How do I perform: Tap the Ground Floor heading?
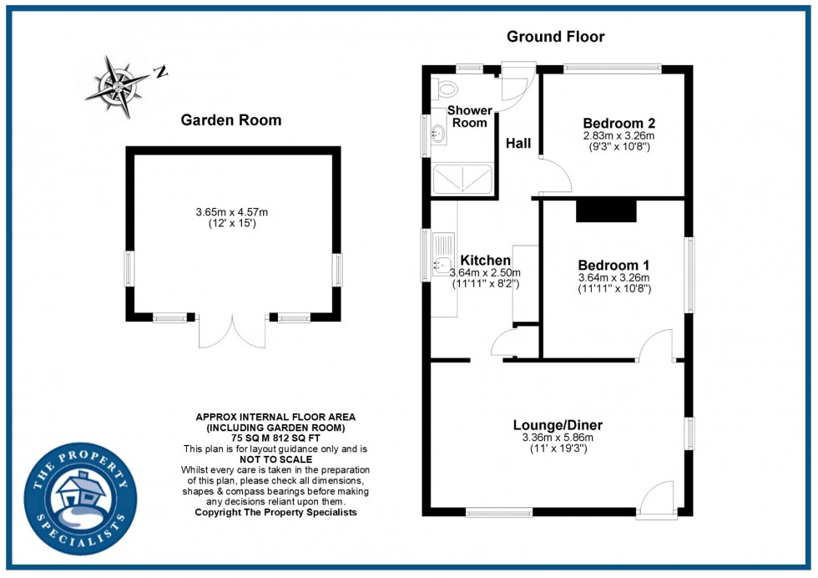coord(555,37)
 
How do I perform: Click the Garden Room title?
coord(231,120)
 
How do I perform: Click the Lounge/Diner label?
coord(557,425)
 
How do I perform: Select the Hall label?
coord(518,144)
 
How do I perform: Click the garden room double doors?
coord(232,333)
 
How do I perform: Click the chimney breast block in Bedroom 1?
coord(607,210)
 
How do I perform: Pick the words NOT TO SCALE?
coord(275,459)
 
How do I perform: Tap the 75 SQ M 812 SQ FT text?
coord(275,438)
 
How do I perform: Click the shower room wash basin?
coord(437,133)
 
